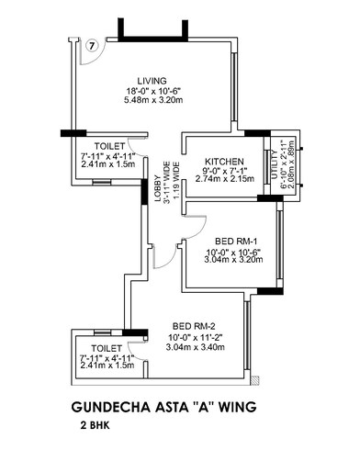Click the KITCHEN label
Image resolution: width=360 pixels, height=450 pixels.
[x=222, y=159]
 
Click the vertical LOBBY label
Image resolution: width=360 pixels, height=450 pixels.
[x=157, y=176]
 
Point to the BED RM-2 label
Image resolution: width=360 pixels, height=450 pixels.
[x=194, y=326]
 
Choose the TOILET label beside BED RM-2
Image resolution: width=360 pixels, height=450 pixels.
[x=107, y=350]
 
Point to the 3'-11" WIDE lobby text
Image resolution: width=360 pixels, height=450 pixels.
[x=166, y=176]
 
